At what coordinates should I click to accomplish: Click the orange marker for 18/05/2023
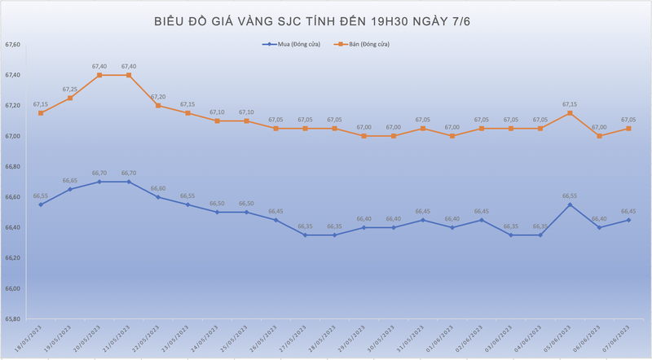[x=41, y=113]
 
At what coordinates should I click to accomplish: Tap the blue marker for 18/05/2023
[x=41, y=204]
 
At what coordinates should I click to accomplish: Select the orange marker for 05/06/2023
[x=570, y=113]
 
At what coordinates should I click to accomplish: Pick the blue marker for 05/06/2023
[x=570, y=204]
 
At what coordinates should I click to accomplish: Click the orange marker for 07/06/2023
[x=628, y=129]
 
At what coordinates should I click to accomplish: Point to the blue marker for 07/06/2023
[x=628, y=220]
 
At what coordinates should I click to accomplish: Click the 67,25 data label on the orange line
[x=70, y=90]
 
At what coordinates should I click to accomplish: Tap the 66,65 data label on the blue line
[x=70, y=181]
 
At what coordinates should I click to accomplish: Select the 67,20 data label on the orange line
[x=158, y=97]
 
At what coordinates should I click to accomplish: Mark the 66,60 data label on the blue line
[x=158, y=188]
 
